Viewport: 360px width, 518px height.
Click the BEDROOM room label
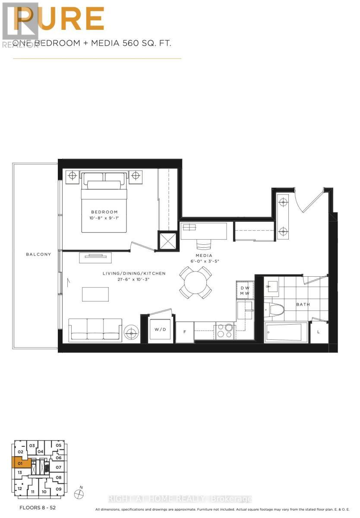(104, 212)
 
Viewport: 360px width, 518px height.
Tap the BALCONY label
(38, 254)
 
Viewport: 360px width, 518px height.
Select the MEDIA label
(204, 256)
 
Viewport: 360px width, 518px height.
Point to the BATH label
(303, 304)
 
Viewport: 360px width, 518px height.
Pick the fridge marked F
(184, 332)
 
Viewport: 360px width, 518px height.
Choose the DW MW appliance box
(245, 291)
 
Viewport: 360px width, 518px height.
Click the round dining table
(195, 283)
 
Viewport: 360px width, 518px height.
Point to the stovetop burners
(225, 331)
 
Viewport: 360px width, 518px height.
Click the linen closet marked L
(319, 332)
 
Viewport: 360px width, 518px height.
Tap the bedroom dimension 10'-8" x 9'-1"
(104, 218)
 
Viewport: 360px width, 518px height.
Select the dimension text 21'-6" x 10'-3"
(134, 280)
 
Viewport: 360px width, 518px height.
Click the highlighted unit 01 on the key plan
(20, 464)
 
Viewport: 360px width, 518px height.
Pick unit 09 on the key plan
(59, 489)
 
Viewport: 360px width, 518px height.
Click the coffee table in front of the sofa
(95, 294)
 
